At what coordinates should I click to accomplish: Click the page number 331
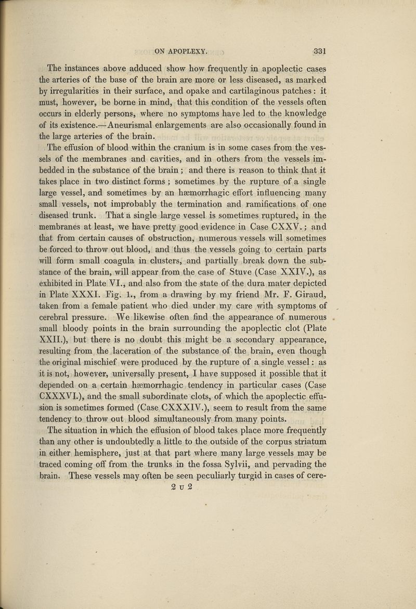click(x=316, y=51)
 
